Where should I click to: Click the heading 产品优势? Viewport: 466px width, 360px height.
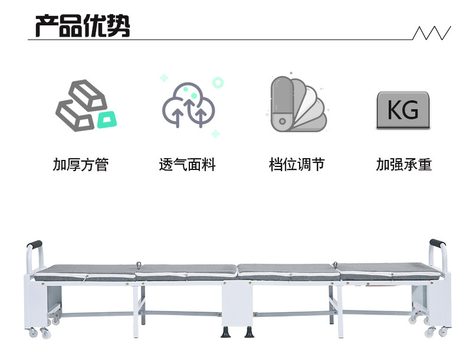(83, 25)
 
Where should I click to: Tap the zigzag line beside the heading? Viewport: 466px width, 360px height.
(432, 32)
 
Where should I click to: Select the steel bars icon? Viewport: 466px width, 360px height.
(82, 105)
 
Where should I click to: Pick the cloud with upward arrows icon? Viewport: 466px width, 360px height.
(189, 105)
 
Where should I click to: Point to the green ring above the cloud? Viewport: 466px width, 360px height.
(218, 83)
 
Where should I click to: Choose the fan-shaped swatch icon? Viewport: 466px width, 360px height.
(298, 104)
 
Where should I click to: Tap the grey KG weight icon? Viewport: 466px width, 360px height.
(403, 110)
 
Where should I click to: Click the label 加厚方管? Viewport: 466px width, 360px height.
(81, 165)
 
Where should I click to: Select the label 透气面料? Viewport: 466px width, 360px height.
(187, 165)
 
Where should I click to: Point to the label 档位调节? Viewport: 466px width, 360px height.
(297, 165)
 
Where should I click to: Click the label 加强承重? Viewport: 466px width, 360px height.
(404, 165)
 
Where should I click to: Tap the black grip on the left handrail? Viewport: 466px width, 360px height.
(34, 244)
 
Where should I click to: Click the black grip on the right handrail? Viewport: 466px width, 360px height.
(438, 243)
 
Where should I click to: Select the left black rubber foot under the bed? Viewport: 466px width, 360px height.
(225, 332)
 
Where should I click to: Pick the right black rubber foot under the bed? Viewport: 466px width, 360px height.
(250, 332)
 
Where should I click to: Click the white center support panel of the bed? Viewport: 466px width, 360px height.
(237, 303)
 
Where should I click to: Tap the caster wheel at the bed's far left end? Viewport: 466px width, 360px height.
(33, 333)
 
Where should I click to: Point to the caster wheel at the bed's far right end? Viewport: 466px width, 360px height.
(443, 332)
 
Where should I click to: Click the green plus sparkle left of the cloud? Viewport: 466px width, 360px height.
(164, 78)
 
